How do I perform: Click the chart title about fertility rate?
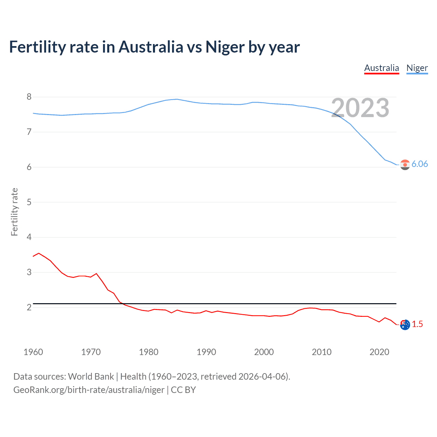154,47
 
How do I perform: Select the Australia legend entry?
381,68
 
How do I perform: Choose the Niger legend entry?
417,68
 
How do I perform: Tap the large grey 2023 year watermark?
360,108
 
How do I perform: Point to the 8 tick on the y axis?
29,97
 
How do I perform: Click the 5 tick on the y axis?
29,202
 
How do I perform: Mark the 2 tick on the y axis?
29,307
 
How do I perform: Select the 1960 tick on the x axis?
33,352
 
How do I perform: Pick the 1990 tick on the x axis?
206,352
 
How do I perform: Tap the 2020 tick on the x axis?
379,352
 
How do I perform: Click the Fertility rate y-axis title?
14,212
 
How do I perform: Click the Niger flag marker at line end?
405,165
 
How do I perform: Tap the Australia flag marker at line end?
405,325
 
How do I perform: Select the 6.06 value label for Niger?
420,164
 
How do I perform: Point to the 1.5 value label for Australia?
417,324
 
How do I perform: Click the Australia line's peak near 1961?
39,253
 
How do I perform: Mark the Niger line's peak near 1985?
177,99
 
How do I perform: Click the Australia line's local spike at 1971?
96,273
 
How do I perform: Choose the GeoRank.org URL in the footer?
89,390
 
